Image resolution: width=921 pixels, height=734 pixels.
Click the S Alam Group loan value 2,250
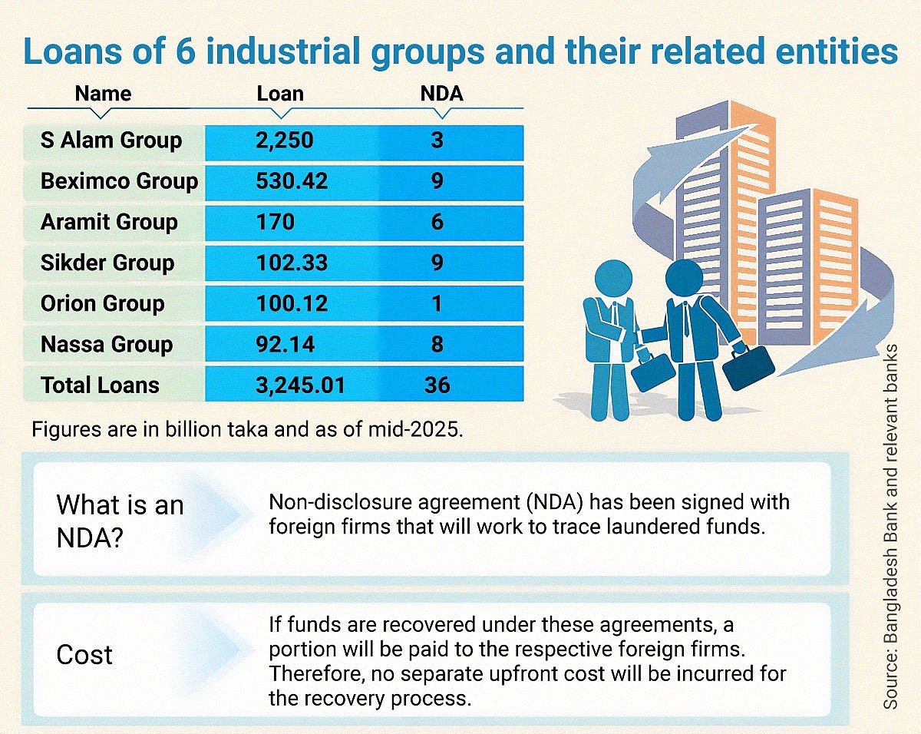tap(284, 141)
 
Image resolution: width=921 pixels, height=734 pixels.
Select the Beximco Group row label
tap(119, 181)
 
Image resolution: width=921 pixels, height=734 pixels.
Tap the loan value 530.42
tap(292, 181)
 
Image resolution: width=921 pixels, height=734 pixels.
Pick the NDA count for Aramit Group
tap(437, 222)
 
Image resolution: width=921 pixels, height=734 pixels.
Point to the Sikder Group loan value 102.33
tap(292, 263)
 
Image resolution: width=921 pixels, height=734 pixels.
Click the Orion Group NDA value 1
tap(437, 303)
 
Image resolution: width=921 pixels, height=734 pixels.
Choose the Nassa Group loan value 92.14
tap(285, 344)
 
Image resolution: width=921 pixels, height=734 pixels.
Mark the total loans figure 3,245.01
tap(300, 385)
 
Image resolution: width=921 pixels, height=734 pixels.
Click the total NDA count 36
tap(437, 385)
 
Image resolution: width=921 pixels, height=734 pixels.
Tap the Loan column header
tap(280, 94)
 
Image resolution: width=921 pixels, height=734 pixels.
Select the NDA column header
tap(441, 94)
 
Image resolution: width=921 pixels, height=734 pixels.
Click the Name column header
tap(103, 94)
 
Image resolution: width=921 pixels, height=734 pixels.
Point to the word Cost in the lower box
tap(84, 655)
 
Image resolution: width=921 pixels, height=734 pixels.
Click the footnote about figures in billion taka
tap(247, 428)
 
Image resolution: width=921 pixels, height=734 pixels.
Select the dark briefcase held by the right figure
tap(748, 368)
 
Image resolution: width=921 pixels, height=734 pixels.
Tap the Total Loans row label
tap(100, 385)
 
